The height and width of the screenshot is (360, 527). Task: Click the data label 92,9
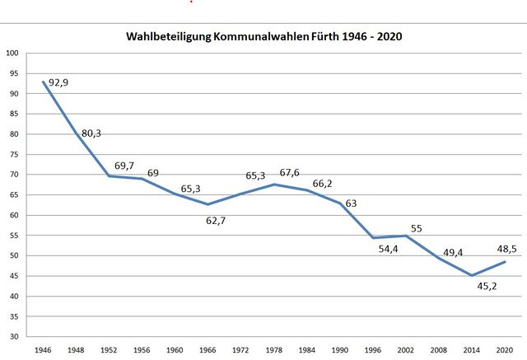[x=58, y=83]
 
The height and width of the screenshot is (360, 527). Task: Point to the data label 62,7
[x=217, y=221]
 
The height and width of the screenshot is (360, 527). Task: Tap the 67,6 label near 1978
[x=291, y=173]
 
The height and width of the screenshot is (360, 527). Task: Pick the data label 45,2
[x=488, y=287]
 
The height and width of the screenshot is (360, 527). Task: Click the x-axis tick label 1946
[x=43, y=350]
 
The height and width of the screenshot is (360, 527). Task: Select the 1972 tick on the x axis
[x=241, y=350]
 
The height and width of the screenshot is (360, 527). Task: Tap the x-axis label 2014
[x=472, y=350]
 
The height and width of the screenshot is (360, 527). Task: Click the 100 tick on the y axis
[x=12, y=54]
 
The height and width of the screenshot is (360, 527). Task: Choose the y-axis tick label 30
[x=14, y=337]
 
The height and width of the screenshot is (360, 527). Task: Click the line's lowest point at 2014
[x=472, y=275]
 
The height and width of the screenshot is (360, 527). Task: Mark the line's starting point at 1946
[x=44, y=82]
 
